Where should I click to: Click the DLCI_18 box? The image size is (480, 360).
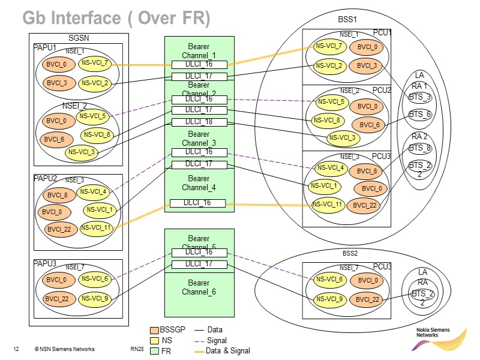click(x=199, y=122)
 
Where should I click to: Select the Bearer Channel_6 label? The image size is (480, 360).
click(x=199, y=287)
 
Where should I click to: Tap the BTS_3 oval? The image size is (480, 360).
click(x=420, y=97)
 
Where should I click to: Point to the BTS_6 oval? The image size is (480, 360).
click(x=420, y=115)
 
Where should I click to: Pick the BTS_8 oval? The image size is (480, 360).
click(x=420, y=148)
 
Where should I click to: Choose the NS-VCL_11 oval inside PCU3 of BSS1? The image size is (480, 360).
click(x=327, y=204)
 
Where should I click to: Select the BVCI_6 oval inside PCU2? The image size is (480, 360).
click(x=370, y=125)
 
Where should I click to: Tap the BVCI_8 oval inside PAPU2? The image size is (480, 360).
click(x=58, y=195)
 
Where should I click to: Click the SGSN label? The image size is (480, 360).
click(x=78, y=38)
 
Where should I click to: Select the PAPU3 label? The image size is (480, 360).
click(x=45, y=264)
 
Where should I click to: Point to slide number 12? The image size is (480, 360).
click(x=16, y=349)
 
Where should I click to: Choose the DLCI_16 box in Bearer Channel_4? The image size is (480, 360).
click(x=199, y=203)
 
